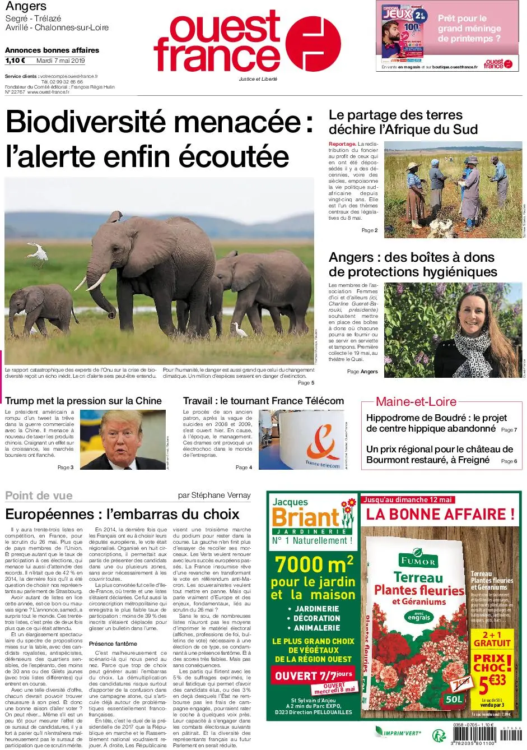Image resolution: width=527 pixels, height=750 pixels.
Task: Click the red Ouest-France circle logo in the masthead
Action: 313,43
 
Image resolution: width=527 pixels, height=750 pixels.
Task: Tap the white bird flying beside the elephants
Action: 38,252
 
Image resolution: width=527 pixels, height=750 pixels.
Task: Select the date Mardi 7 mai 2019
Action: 60,61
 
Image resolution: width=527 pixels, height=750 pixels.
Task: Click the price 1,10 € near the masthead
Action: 15,61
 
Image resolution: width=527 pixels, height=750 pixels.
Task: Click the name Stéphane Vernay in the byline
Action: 221,495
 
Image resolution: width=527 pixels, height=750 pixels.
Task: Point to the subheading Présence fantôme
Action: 113,643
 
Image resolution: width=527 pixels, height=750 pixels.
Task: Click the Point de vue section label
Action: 39,495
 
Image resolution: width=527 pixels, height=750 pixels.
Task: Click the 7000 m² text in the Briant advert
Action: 314,563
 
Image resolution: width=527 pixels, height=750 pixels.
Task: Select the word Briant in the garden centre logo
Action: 305,517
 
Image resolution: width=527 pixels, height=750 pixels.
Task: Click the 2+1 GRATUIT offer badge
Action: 492,639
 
